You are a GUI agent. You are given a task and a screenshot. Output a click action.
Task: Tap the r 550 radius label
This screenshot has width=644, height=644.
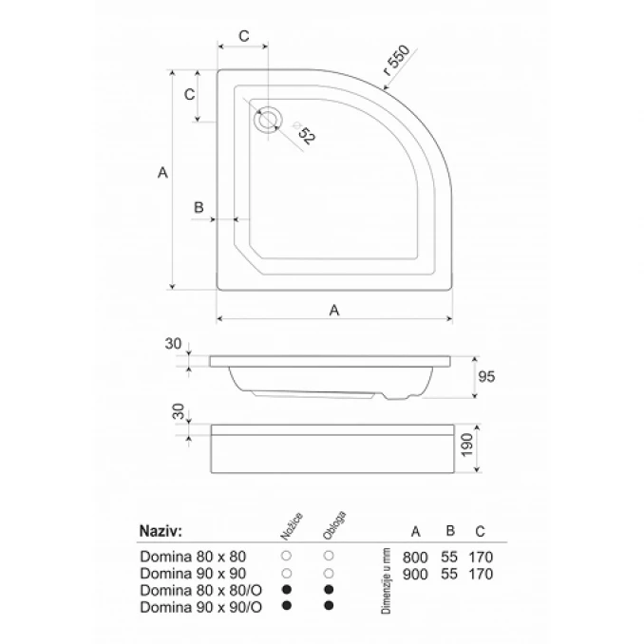tap(396, 61)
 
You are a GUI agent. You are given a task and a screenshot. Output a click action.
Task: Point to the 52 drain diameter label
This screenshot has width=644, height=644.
tap(306, 135)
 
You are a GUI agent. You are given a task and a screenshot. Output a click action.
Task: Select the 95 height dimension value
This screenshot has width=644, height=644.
tap(486, 377)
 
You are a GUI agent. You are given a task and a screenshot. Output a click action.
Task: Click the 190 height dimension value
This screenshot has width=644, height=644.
tap(468, 445)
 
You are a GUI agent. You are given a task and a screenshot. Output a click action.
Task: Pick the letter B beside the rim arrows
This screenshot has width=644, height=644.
tap(199, 207)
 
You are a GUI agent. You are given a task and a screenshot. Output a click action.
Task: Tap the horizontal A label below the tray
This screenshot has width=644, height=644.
tap(334, 310)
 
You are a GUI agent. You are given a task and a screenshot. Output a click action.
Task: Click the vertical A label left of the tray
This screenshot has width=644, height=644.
tap(162, 173)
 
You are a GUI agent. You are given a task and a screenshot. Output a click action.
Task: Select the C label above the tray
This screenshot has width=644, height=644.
tap(244, 36)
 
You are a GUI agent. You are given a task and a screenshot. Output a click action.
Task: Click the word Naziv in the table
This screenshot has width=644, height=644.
tap(161, 531)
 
